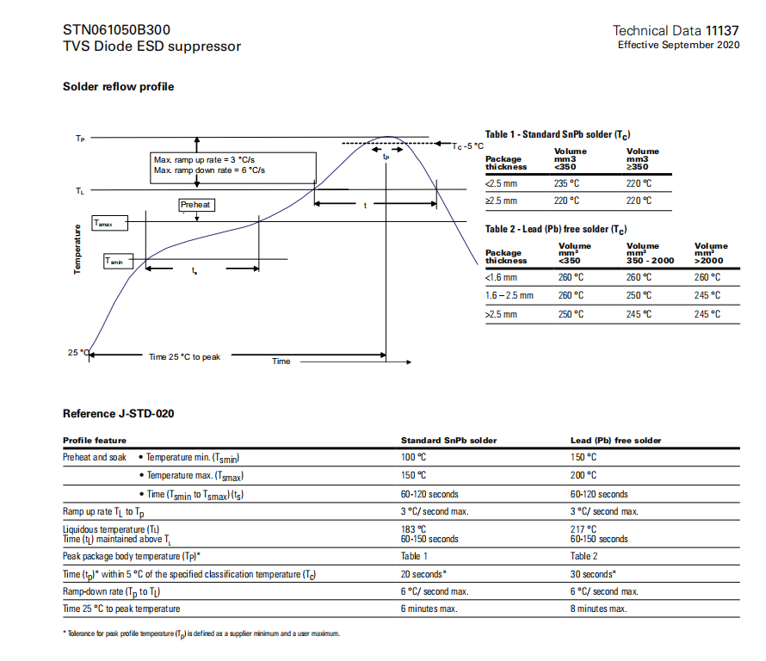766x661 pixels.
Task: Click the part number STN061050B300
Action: point(110,29)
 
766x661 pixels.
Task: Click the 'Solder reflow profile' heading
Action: point(118,87)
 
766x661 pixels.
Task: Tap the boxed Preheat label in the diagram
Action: point(195,205)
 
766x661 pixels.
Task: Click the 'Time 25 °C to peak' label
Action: point(184,356)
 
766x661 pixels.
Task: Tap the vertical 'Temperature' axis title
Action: point(77,250)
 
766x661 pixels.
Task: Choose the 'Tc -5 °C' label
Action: point(467,146)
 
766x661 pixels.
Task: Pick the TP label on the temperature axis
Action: point(80,139)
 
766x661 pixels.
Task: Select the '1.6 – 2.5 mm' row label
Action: point(510,295)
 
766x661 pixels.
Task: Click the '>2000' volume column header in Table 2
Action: point(708,261)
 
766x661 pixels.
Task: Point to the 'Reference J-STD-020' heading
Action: point(119,414)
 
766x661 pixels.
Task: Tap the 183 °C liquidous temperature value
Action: point(414,528)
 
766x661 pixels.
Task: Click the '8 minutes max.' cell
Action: point(598,608)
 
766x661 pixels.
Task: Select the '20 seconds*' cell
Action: point(423,574)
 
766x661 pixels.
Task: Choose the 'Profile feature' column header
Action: point(95,441)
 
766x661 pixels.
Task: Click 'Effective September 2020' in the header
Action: point(678,45)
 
